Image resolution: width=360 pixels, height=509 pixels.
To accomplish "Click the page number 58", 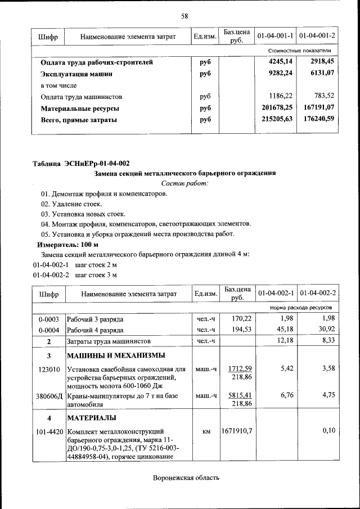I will click(184, 16).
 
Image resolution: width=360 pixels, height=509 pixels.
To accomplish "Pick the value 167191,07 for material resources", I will click(318, 108).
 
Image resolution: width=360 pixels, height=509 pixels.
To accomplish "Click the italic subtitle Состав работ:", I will click(184, 183).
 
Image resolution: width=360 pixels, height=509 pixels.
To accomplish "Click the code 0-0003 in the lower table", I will click(49, 319).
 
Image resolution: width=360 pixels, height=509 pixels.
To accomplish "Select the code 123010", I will click(49, 370).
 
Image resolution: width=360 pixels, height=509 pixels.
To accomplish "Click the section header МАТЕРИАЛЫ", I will click(92, 418).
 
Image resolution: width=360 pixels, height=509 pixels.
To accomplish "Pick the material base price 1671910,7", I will click(238, 431).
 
